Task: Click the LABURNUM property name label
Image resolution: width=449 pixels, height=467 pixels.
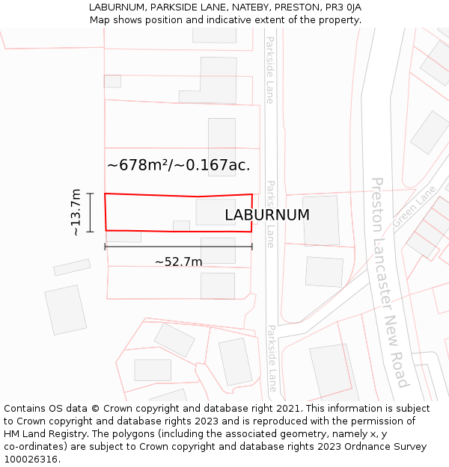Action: [267, 215]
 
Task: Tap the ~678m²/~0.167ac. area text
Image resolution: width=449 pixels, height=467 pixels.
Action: [178, 165]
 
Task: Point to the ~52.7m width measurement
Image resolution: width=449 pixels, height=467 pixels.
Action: [178, 262]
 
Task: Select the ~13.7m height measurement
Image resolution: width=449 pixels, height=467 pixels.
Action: [76, 213]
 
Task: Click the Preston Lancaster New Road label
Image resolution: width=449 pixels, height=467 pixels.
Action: [390, 282]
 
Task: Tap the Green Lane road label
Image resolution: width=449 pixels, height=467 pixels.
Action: [413, 207]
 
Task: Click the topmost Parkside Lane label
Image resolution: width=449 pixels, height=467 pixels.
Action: [269, 70]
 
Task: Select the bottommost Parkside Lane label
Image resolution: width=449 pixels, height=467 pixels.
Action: [272, 359]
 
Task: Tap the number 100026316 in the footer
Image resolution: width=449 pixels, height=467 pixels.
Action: [29, 459]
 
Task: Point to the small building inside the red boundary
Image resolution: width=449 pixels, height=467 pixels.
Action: [181, 225]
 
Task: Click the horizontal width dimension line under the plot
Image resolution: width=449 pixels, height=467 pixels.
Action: [178, 247]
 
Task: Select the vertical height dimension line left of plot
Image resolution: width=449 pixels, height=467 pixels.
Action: [90, 213]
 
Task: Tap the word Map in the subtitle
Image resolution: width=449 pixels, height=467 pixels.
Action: [100, 19]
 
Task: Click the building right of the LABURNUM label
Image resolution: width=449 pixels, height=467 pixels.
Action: [321, 220]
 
